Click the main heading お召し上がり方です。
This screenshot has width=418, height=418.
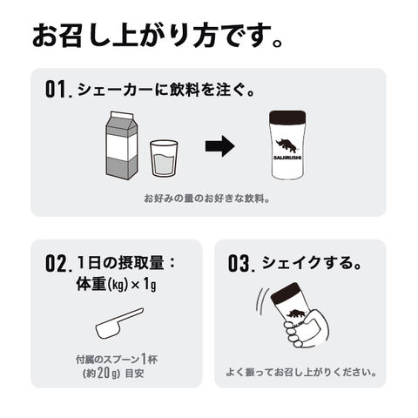click(157, 36)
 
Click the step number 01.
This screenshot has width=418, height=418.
click(58, 90)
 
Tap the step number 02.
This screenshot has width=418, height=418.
click(58, 264)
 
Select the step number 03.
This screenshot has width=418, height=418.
click(241, 264)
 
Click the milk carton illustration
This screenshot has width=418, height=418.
click(122, 145)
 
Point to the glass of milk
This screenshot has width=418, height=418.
click(164, 158)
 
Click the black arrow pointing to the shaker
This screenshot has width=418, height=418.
click(220, 146)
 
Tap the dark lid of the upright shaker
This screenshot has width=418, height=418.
click(287, 118)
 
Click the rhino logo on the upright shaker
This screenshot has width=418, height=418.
click(287, 146)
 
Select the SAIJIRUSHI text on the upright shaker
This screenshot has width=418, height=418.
click(287, 158)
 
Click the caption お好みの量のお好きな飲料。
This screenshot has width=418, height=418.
click(207, 199)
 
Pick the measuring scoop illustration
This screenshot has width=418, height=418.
click(119, 323)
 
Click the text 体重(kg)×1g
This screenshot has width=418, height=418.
click(116, 284)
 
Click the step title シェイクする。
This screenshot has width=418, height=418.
click(312, 263)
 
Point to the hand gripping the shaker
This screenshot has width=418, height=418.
click(307, 329)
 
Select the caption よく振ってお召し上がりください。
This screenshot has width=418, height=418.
click(301, 372)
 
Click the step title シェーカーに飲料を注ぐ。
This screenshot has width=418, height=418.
click(166, 90)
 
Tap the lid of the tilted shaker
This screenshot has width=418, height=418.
click(287, 294)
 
